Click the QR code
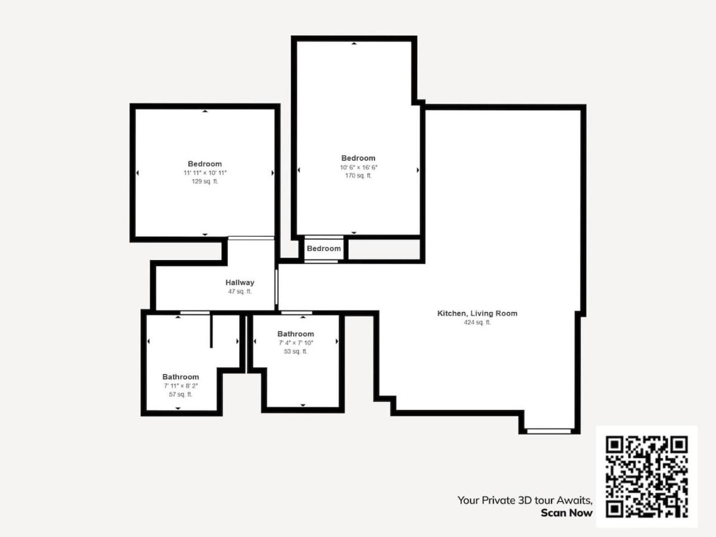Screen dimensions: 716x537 click(x=647, y=477)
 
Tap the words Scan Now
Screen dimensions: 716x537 click(x=567, y=513)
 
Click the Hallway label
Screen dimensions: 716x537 click(x=240, y=282)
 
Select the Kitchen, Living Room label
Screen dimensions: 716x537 click(x=477, y=313)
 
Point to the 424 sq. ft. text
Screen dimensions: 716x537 click(x=477, y=322)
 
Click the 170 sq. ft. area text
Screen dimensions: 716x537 click(x=358, y=175)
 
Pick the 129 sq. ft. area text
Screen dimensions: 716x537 click(x=205, y=181)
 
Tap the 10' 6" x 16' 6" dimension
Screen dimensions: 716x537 click(x=359, y=167)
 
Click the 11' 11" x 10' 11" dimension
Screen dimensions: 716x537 click(x=205, y=173)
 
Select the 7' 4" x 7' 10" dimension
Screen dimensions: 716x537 click(x=296, y=342)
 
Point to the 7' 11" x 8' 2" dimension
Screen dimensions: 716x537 click(x=181, y=385)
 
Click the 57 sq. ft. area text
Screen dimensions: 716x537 click(x=180, y=394)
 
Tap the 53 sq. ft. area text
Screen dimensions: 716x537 click(x=295, y=351)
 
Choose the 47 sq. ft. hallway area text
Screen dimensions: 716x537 click(x=240, y=292)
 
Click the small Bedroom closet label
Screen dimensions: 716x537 click(x=324, y=248)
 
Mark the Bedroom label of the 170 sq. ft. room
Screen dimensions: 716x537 click(x=358, y=158)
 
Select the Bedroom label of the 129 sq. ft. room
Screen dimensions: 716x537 click(x=205, y=163)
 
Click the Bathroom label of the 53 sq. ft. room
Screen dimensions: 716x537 click(x=296, y=334)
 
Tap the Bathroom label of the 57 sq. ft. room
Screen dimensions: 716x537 click(x=181, y=377)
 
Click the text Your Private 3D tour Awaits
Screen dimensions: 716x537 click(x=525, y=501)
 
